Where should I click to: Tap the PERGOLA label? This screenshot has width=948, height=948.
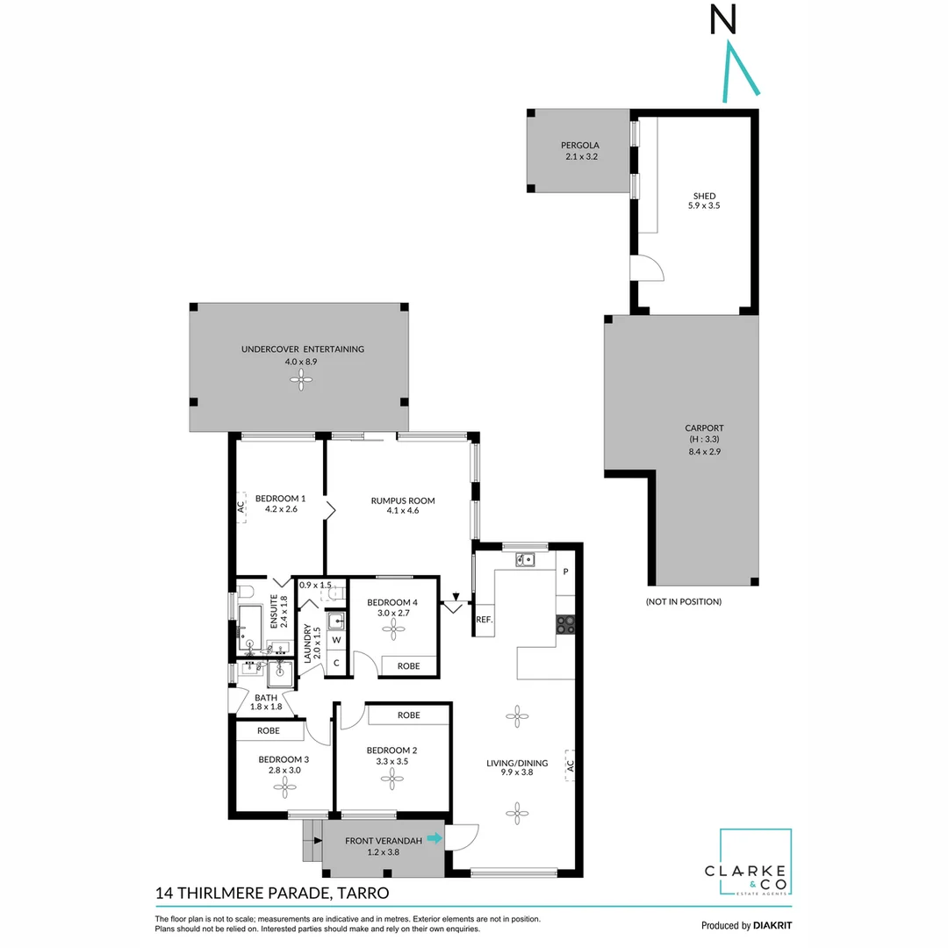tap(578, 151)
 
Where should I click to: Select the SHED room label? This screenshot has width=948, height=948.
tap(704, 201)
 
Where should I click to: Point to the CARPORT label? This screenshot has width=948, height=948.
tap(704, 440)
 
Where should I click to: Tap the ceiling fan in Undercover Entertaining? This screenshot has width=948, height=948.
tap(302, 379)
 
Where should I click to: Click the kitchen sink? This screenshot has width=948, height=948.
tap(525, 559)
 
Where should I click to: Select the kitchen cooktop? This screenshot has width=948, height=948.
tap(566, 624)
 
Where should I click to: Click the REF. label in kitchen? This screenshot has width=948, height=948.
tap(483, 619)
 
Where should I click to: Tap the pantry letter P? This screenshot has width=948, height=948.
tap(565, 572)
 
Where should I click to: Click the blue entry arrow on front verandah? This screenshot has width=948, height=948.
tap(434, 839)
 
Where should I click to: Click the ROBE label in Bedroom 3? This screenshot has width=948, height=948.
tap(269, 730)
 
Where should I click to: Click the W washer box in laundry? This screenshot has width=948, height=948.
tap(336, 640)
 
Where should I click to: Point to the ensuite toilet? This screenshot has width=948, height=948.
tap(245, 591)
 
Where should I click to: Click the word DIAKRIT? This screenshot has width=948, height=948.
tap(772, 925)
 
